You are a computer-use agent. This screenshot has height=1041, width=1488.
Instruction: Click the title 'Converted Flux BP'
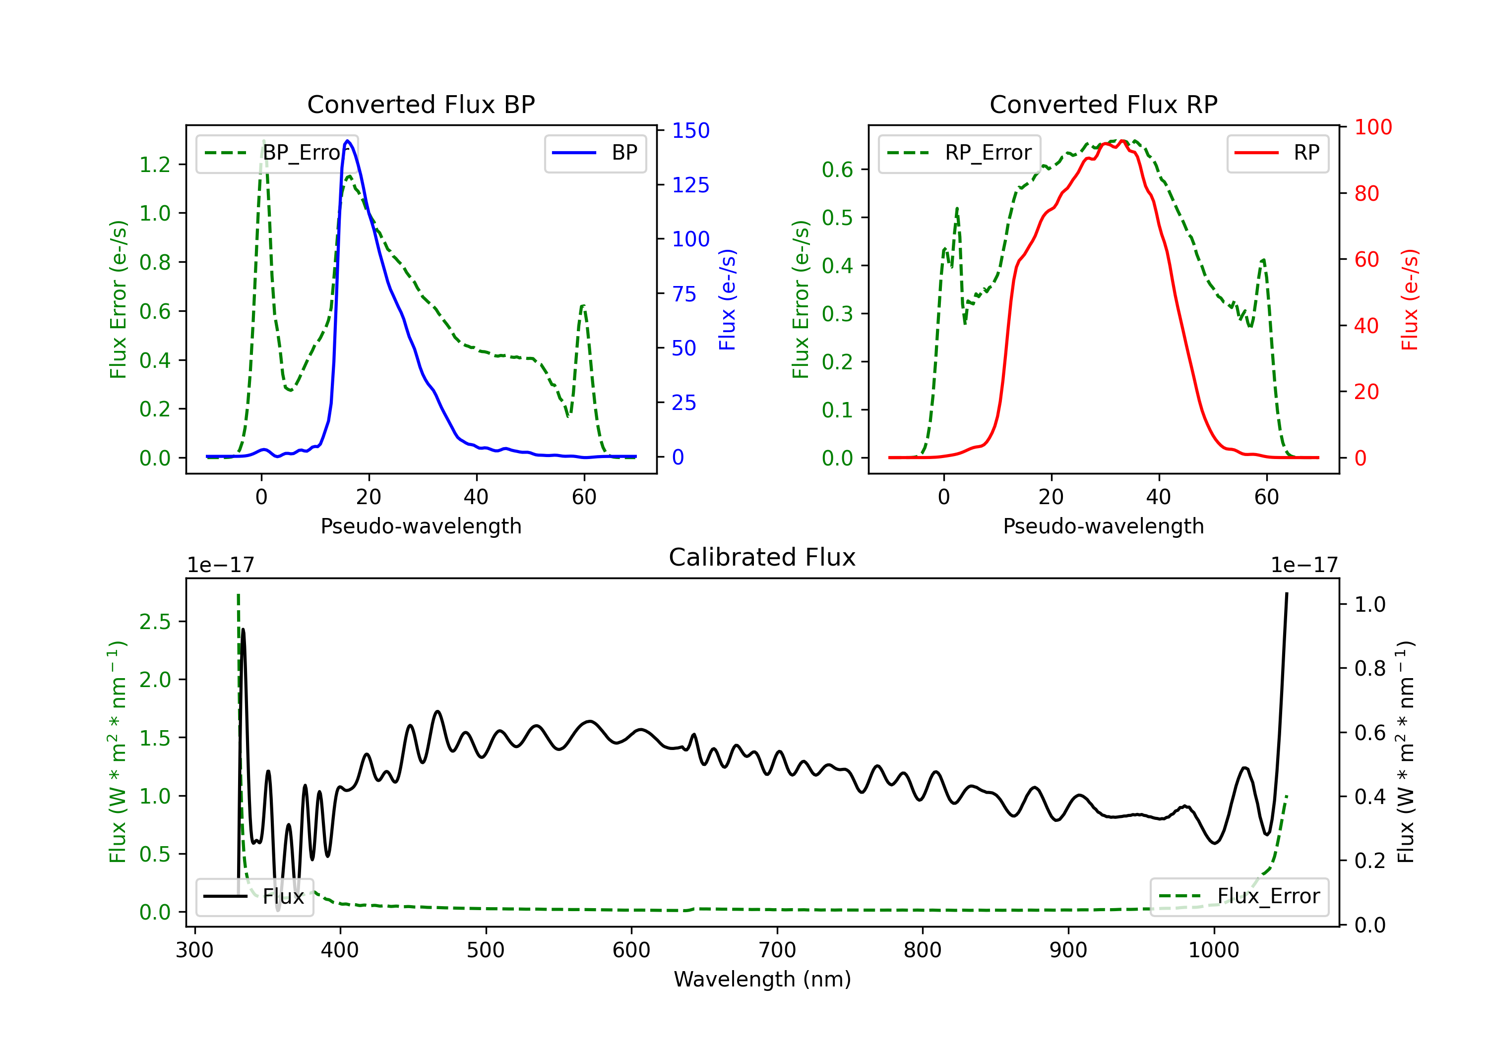(421, 104)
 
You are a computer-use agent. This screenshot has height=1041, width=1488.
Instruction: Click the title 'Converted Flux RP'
(1103, 104)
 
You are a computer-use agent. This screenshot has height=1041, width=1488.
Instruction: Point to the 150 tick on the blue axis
(690, 131)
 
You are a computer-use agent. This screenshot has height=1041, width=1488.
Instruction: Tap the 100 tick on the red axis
(1372, 127)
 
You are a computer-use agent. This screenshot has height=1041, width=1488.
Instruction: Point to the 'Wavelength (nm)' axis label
(762, 979)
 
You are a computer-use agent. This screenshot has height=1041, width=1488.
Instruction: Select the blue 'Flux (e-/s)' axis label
(727, 300)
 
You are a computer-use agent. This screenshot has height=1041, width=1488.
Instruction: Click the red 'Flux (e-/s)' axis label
(1409, 300)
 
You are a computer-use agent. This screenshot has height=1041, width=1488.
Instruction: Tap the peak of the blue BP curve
(348, 141)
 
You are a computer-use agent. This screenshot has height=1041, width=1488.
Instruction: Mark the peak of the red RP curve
(1122, 141)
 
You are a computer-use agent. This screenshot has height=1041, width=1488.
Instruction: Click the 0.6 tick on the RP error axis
(837, 170)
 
